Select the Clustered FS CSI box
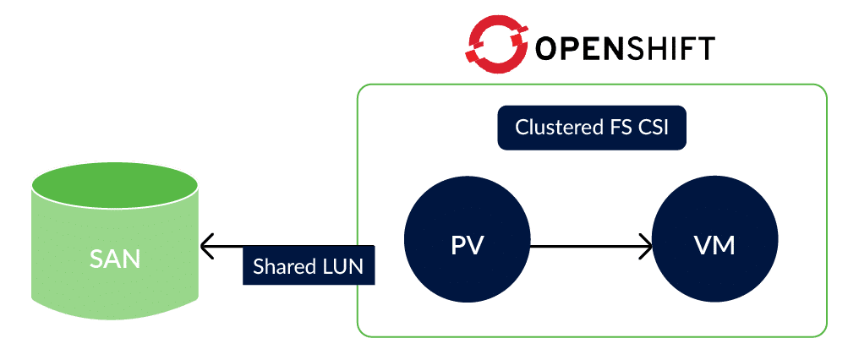(x=591, y=128)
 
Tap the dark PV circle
(x=468, y=246)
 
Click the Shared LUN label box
(x=309, y=266)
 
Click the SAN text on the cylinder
(x=115, y=259)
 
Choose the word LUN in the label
(x=342, y=266)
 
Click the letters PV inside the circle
(x=468, y=246)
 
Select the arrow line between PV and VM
(x=588, y=247)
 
